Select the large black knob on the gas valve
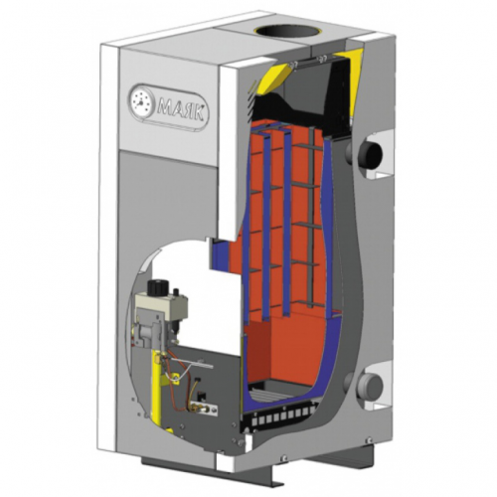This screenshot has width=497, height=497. (x=158, y=286)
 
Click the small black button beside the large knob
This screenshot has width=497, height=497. (x=176, y=291)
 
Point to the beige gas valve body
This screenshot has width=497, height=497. (x=161, y=306)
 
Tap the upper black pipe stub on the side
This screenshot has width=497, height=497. (x=371, y=153)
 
